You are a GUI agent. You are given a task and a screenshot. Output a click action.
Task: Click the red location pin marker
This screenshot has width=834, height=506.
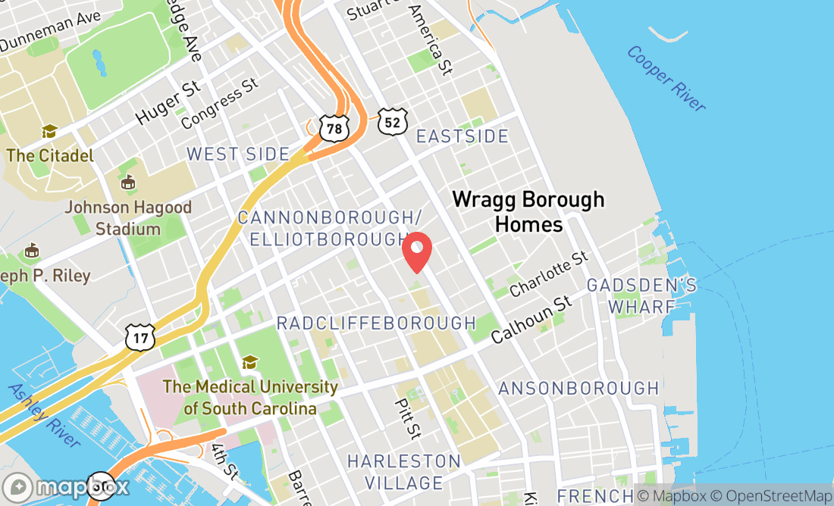(417, 252)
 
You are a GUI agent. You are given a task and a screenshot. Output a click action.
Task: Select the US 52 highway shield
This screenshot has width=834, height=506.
(393, 121)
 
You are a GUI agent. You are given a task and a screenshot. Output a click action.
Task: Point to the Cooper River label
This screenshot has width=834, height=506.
(666, 79)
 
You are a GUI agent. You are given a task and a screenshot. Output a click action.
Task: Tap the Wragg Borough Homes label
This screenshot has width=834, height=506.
(528, 211)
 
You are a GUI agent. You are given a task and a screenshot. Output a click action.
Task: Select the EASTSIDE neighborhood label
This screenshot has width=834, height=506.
(462, 136)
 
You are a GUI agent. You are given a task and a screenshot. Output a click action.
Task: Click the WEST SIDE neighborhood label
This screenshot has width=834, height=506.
(238, 155)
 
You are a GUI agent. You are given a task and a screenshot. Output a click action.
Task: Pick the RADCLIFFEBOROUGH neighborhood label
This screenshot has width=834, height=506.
(376, 323)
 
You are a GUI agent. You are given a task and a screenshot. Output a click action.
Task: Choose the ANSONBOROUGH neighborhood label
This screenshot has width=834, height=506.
(578, 389)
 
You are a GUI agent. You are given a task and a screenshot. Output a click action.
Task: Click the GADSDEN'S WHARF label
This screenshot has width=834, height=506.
(641, 296)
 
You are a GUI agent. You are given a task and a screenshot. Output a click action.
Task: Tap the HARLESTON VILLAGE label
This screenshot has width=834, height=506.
(403, 472)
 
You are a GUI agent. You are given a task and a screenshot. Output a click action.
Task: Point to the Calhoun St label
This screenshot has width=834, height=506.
(531, 319)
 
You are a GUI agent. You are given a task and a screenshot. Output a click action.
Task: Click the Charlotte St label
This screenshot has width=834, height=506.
(550, 273)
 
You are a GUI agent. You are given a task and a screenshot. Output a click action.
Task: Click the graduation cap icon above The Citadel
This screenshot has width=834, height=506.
(50, 132)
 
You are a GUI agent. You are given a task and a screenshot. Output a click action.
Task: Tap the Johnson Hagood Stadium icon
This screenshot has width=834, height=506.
(128, 183)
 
